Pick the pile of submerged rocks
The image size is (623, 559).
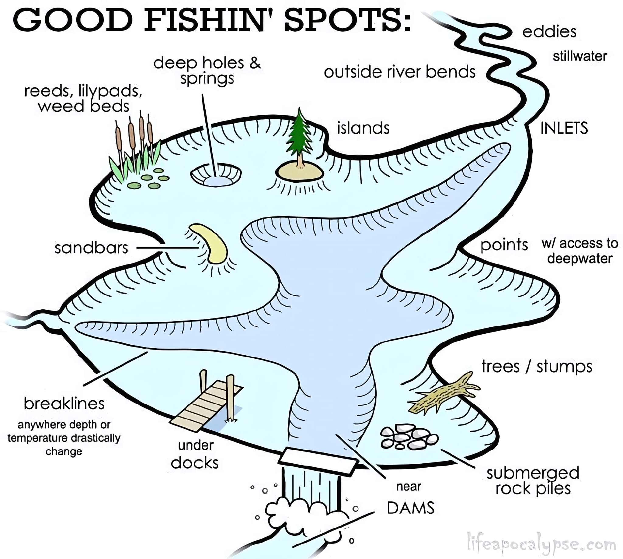(x=409, y=436)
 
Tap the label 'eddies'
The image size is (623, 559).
(x=549, y=32)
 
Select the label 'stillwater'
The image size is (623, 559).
(x=580, y=56)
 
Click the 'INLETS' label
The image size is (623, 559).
(x=564, y=128)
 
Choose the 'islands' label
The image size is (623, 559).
(x=363, y=128)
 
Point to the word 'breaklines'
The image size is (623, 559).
(x=64, y=404)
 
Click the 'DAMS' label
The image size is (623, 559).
(x=411, y=508)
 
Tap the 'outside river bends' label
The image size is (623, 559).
(x=400, y=72)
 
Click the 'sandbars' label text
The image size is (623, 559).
(x=91, y=248)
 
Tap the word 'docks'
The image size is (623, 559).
(x=195, y=462)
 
